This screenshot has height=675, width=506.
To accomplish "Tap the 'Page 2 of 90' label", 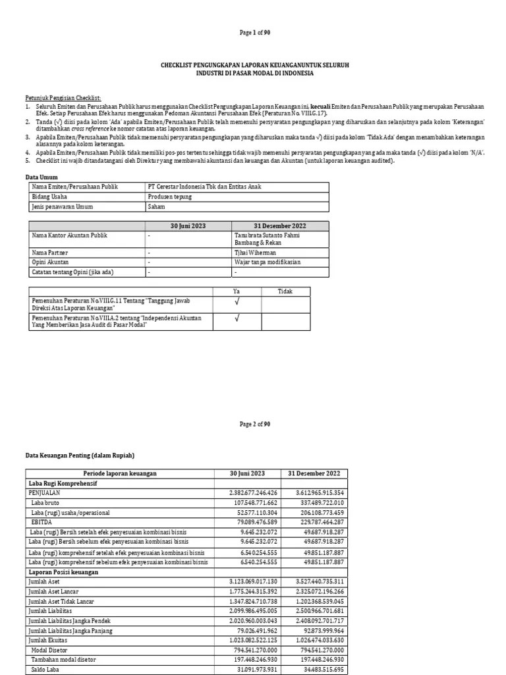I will tap(252, 425).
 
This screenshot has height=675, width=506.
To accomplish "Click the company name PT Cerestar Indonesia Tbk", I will tap(204, 187).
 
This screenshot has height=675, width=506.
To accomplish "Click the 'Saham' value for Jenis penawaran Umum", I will tap(156, 206).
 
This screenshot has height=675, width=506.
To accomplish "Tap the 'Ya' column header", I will tap(237, 291).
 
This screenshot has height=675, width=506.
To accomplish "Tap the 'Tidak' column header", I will tap(285, 291).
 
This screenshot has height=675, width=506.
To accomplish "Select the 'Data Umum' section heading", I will tap(42, 177).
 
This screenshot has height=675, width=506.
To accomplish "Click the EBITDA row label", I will tap(42, 521).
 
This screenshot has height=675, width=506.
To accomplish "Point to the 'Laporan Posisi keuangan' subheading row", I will tap(63, 572).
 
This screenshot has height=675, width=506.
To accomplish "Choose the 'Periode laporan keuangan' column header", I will tap(120, 473).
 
